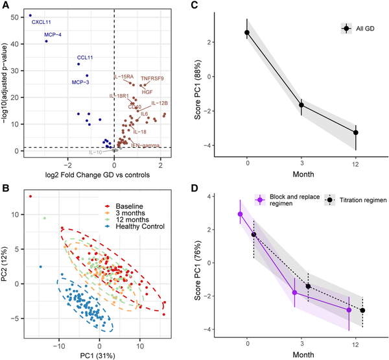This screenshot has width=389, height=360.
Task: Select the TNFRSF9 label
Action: (x=153, y=79)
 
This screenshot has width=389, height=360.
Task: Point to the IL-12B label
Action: (x=161, y=103)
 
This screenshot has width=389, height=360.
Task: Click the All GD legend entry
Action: (x=366, y=29)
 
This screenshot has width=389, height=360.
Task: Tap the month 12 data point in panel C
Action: (x=356, y=132)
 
